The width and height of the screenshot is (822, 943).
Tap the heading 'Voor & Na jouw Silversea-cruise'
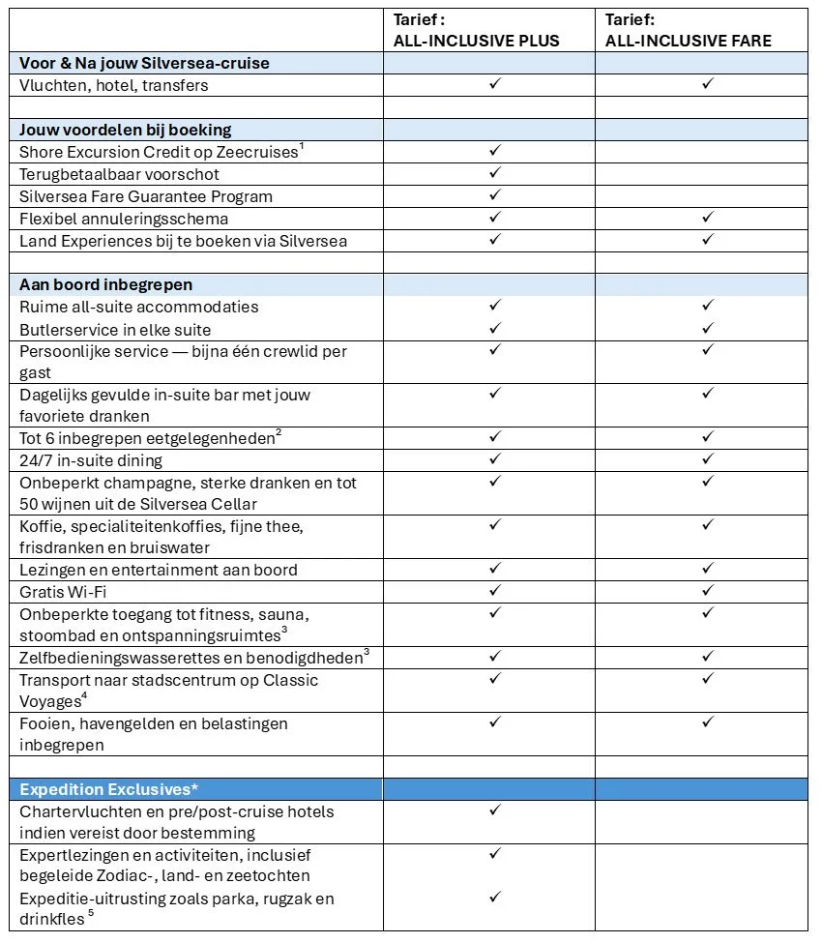(x=145, y=63)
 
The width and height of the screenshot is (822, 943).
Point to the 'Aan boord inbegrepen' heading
(x=106, y=284)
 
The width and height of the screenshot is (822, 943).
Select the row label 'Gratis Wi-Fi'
(x=63, y=591)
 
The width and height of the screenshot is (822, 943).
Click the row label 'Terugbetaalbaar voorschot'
(x=120, y=174)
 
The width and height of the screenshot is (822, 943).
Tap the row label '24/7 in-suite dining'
(x=91, y=460)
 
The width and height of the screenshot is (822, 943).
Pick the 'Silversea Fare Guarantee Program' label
(x=146, y=196)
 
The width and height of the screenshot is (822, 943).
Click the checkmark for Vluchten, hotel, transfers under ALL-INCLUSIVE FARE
(x=707, y=84)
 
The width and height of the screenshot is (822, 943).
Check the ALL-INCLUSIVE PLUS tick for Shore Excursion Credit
(x=494, y=151)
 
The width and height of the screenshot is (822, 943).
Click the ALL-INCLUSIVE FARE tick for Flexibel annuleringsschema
(x=707, y=218)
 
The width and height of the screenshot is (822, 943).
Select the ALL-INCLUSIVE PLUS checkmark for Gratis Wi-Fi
(x=494, y=590)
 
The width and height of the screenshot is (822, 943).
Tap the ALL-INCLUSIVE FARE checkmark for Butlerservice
(x=707, y=329)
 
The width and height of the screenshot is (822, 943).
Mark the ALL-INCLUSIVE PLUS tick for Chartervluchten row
(x=494, y=810)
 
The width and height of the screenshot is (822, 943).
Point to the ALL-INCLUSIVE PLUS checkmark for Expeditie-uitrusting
(x=494, y=898)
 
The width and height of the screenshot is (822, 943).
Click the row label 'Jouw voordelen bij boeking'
(x=126, y=130)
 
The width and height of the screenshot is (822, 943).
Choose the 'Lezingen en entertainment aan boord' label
(x=159, y=570)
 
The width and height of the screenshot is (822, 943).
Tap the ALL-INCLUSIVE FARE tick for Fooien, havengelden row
(x=707, y=722)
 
